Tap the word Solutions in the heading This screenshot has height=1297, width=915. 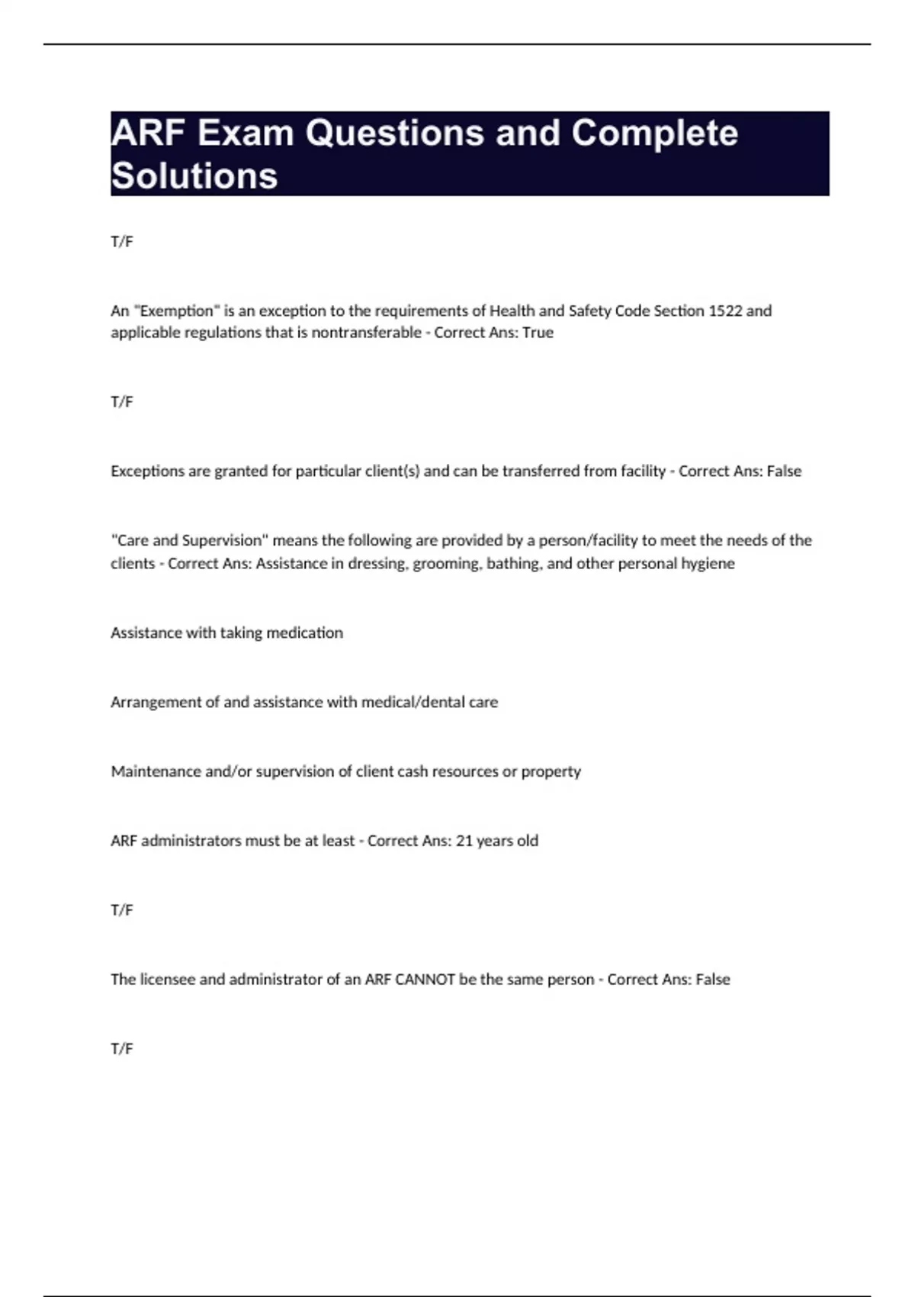pyautogui.click(x=194, y=176)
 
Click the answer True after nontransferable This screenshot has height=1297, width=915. pyautogui.click(x=538, y=333)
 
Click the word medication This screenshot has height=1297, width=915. pyautogui.click(x=304, y=632)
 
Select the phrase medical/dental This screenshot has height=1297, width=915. pyautogui.click(x=413, y=702)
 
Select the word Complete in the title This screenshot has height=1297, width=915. pyautogui.click(x=654, y=134)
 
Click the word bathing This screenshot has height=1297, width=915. pyautogui.click(x=514, y=564)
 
